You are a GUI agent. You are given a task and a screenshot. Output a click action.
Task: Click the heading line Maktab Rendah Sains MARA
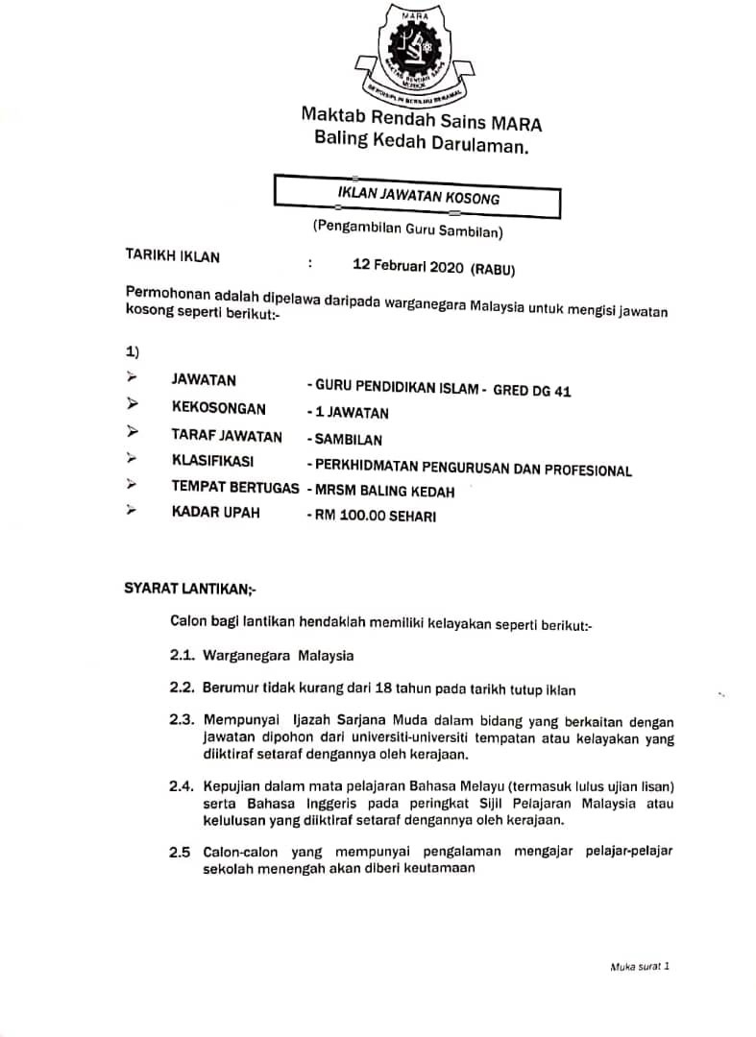click(x=421, y=120)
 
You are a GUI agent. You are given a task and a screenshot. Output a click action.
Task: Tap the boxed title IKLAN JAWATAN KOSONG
click(x=419, y=195)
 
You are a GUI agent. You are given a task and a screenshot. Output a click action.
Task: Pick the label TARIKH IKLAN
click(x=173, y=256)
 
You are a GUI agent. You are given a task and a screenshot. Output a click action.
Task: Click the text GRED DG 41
click(x=532, y=390)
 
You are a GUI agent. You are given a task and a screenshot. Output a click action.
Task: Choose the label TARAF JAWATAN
click(x=227, y=437)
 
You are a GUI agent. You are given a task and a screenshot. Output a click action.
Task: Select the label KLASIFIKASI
click(x=219, y=461)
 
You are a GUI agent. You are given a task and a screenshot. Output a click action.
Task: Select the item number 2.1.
click(x=183, y=656)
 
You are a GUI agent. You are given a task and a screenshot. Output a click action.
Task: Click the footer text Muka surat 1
click(x=639, y=967)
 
